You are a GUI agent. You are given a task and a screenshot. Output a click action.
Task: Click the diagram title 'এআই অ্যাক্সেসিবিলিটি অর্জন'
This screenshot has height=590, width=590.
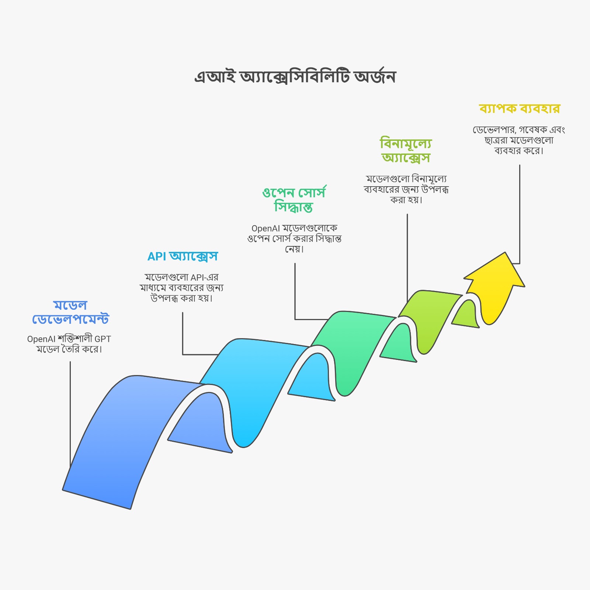point(295,77)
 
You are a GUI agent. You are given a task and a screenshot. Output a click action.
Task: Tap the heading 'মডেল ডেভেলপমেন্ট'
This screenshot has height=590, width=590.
point(70,312)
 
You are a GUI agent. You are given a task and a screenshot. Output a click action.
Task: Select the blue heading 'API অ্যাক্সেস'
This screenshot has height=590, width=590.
point(183,256)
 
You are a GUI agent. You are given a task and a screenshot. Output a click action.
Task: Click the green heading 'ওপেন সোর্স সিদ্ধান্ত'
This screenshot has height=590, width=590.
point(294,199)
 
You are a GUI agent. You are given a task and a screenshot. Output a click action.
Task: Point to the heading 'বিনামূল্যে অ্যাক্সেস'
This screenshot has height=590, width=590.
point(406,150)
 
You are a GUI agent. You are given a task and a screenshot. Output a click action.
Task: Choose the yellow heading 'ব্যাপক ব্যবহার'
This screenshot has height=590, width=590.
point(520,109)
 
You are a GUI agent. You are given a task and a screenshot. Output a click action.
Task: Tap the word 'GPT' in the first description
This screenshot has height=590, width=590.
point(103,339)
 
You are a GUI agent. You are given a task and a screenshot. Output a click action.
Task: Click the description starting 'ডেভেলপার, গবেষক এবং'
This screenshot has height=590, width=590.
point(519,140)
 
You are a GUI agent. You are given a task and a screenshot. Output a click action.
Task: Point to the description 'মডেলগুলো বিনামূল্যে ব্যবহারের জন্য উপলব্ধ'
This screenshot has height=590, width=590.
point(406,190)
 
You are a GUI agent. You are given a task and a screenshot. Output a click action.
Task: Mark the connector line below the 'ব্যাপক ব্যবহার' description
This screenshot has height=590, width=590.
point(520,214)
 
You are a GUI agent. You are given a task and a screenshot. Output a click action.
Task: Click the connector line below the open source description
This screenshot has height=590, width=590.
point(295,291)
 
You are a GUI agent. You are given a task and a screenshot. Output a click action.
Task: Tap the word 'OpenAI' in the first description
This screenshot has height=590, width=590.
point(41,339)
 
